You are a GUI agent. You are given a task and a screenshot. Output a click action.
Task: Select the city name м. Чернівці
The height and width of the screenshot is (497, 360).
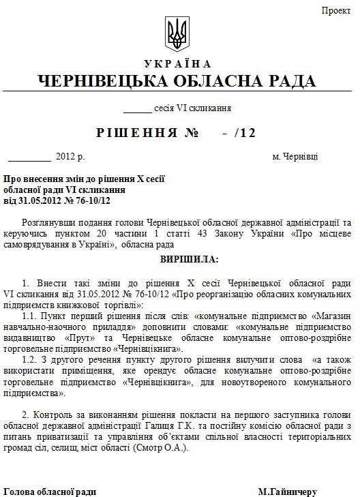[295, 157]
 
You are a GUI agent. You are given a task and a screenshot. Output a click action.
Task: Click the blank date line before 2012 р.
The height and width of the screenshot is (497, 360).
[29, 157]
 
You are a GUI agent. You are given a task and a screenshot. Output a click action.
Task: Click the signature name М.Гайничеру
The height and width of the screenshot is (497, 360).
[288, 491]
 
